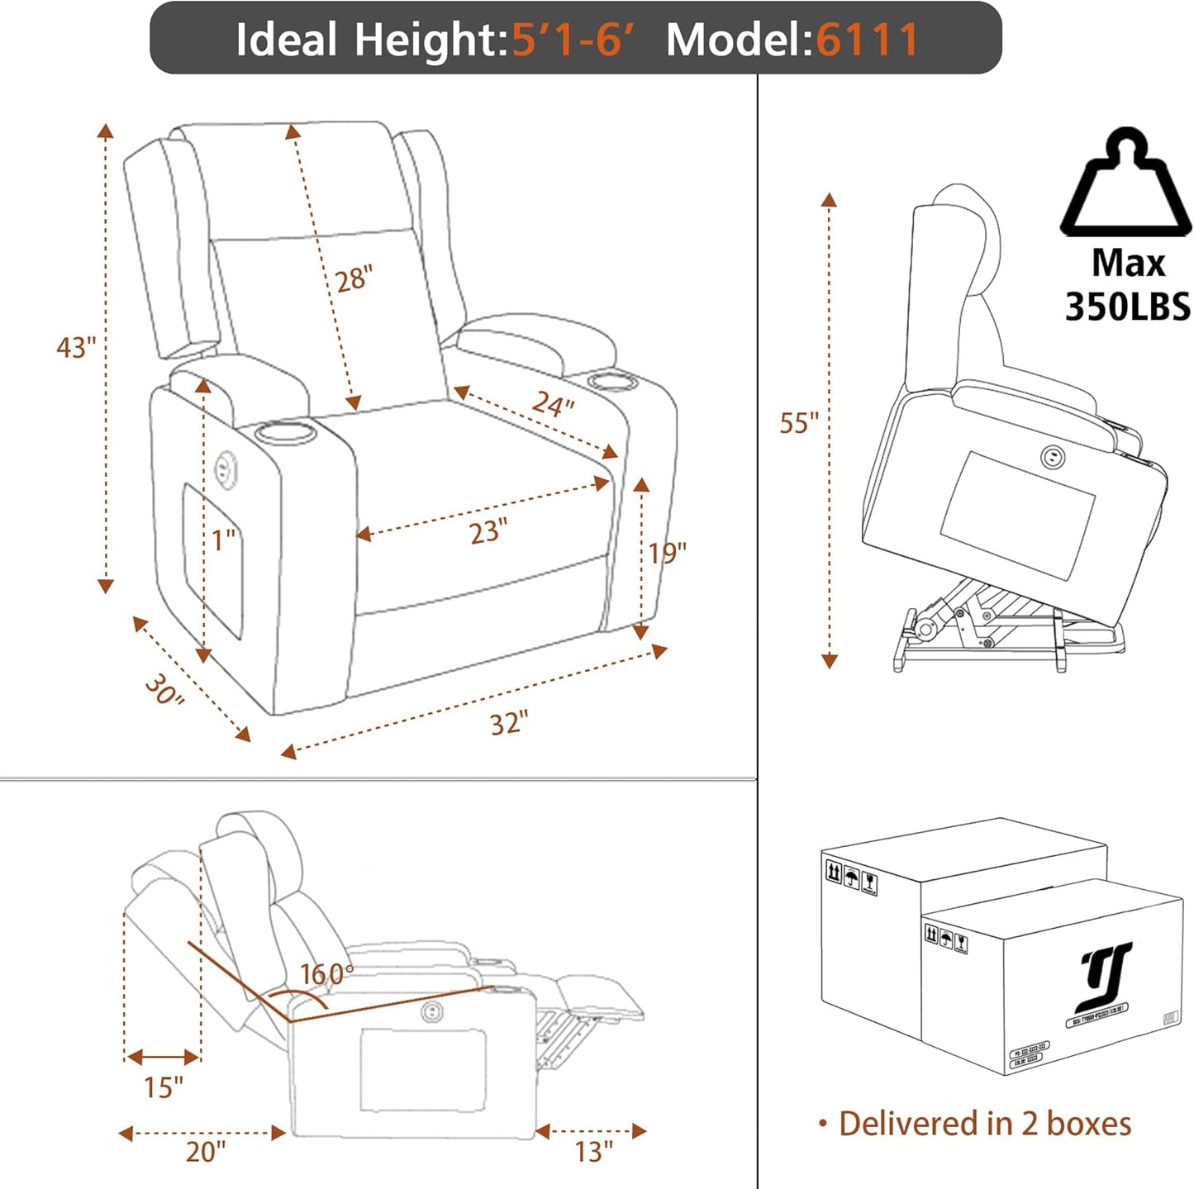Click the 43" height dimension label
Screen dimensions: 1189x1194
[x=76, y=347]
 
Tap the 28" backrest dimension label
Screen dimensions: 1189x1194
[x=354, y=278]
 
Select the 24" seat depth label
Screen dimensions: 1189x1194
[x=553, y=403]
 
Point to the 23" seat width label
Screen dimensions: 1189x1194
[x=488, y=531]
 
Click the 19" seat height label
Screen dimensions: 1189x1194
[x=667, y=553]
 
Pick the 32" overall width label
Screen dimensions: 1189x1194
[x=508, y=724]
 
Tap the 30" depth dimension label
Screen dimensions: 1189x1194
[x=164, y=690]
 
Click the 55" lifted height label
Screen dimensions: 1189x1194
[x=798, y=423]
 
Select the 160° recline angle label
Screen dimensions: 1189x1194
[x=326, y=974]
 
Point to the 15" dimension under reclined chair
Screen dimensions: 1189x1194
[x=163, y=1087]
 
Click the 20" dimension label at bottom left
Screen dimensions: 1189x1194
[x=205, y=1151]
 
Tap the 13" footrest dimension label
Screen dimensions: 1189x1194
[x=593, y=1151]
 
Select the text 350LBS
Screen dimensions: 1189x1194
[x=1127, y=307]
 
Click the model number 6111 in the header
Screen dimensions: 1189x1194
[x=867, y=39]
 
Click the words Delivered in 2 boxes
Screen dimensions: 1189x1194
[x=984, y=1124]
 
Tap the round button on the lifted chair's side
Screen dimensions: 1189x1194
[x=1053, y=455]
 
